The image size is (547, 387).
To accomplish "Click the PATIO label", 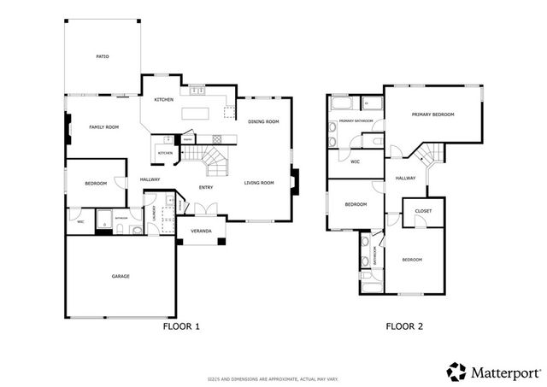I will point(102,57).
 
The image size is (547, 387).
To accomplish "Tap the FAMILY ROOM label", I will point(103,126).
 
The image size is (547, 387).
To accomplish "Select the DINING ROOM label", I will point(263,122).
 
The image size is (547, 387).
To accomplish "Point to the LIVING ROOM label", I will point(258,183).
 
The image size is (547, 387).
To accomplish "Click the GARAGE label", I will point(120,276).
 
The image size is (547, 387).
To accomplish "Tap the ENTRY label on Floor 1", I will point(206,187).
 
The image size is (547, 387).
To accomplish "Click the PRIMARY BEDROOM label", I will point(432,114).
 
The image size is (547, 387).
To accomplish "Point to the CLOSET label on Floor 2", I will point(423,211).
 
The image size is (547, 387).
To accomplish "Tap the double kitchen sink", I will point(195,89).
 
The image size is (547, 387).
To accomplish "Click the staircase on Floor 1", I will point(206,158).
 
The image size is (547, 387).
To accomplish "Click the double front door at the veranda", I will point(202,208).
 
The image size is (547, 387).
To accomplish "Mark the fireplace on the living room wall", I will point(295,183).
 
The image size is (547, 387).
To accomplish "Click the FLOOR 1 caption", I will point(180,325).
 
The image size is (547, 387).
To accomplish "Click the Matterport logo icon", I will point(457,372).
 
